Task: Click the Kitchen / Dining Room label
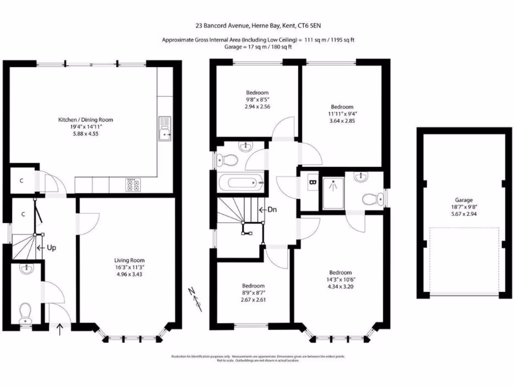pyautogui.click(x=85, y=120)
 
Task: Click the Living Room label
pyautogui.click(x=129, y=261)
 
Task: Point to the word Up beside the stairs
pyautogui.click(x=51, y=248)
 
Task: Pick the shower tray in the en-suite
pyautogui.click(x=332, y=192)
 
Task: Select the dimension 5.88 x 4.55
pyautogui.click(x=85, y=134)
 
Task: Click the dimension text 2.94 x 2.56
pyautogui.click(x=257, y=107)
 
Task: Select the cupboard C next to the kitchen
pyautogui.click(x=23, y=180)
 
